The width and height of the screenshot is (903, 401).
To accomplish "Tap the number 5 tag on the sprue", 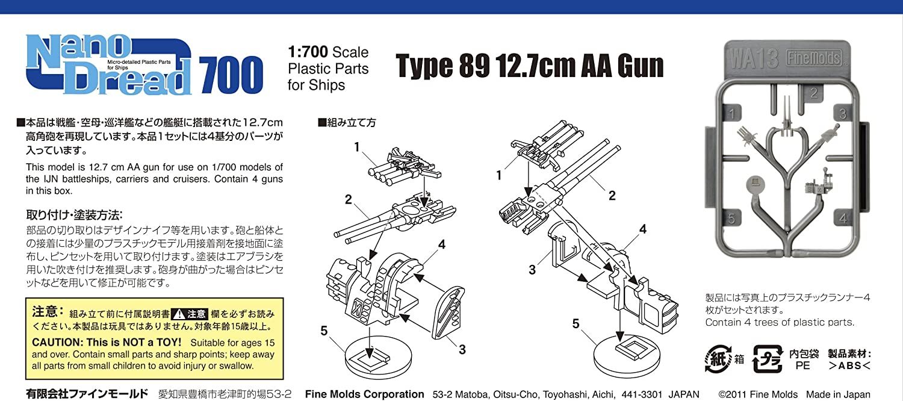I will [731, 218].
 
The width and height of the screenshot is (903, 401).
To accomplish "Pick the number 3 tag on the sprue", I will [842, 114].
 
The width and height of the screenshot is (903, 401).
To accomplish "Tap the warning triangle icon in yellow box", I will [178, 314].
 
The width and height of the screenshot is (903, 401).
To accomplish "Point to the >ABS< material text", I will [849, 365].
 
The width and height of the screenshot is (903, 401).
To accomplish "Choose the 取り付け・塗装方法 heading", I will [74, 215].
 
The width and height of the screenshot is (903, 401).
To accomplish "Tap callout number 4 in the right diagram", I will [643, 229].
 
